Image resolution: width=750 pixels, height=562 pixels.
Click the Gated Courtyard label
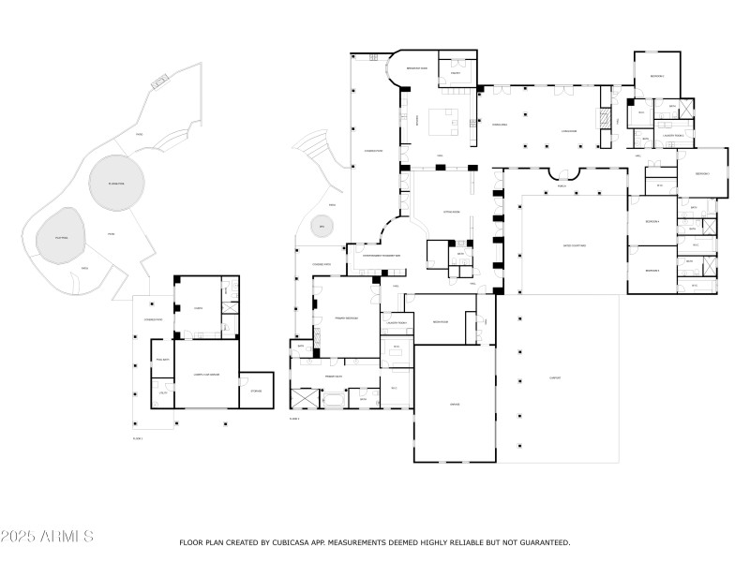tap(574, 245)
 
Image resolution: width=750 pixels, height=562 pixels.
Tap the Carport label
tap(555, 378)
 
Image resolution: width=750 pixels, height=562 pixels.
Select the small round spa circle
tap(321, 227)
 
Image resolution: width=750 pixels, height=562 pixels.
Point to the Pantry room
tap(455, 72)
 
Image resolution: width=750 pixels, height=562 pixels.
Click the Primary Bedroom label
tap(347, 318)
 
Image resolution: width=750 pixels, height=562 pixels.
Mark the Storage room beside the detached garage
tap(255, 391)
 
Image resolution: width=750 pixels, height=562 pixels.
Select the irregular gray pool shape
tap(61, 240)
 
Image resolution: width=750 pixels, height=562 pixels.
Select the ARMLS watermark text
tap(47, 537)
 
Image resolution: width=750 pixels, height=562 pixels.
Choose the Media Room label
tap(442, 321)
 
